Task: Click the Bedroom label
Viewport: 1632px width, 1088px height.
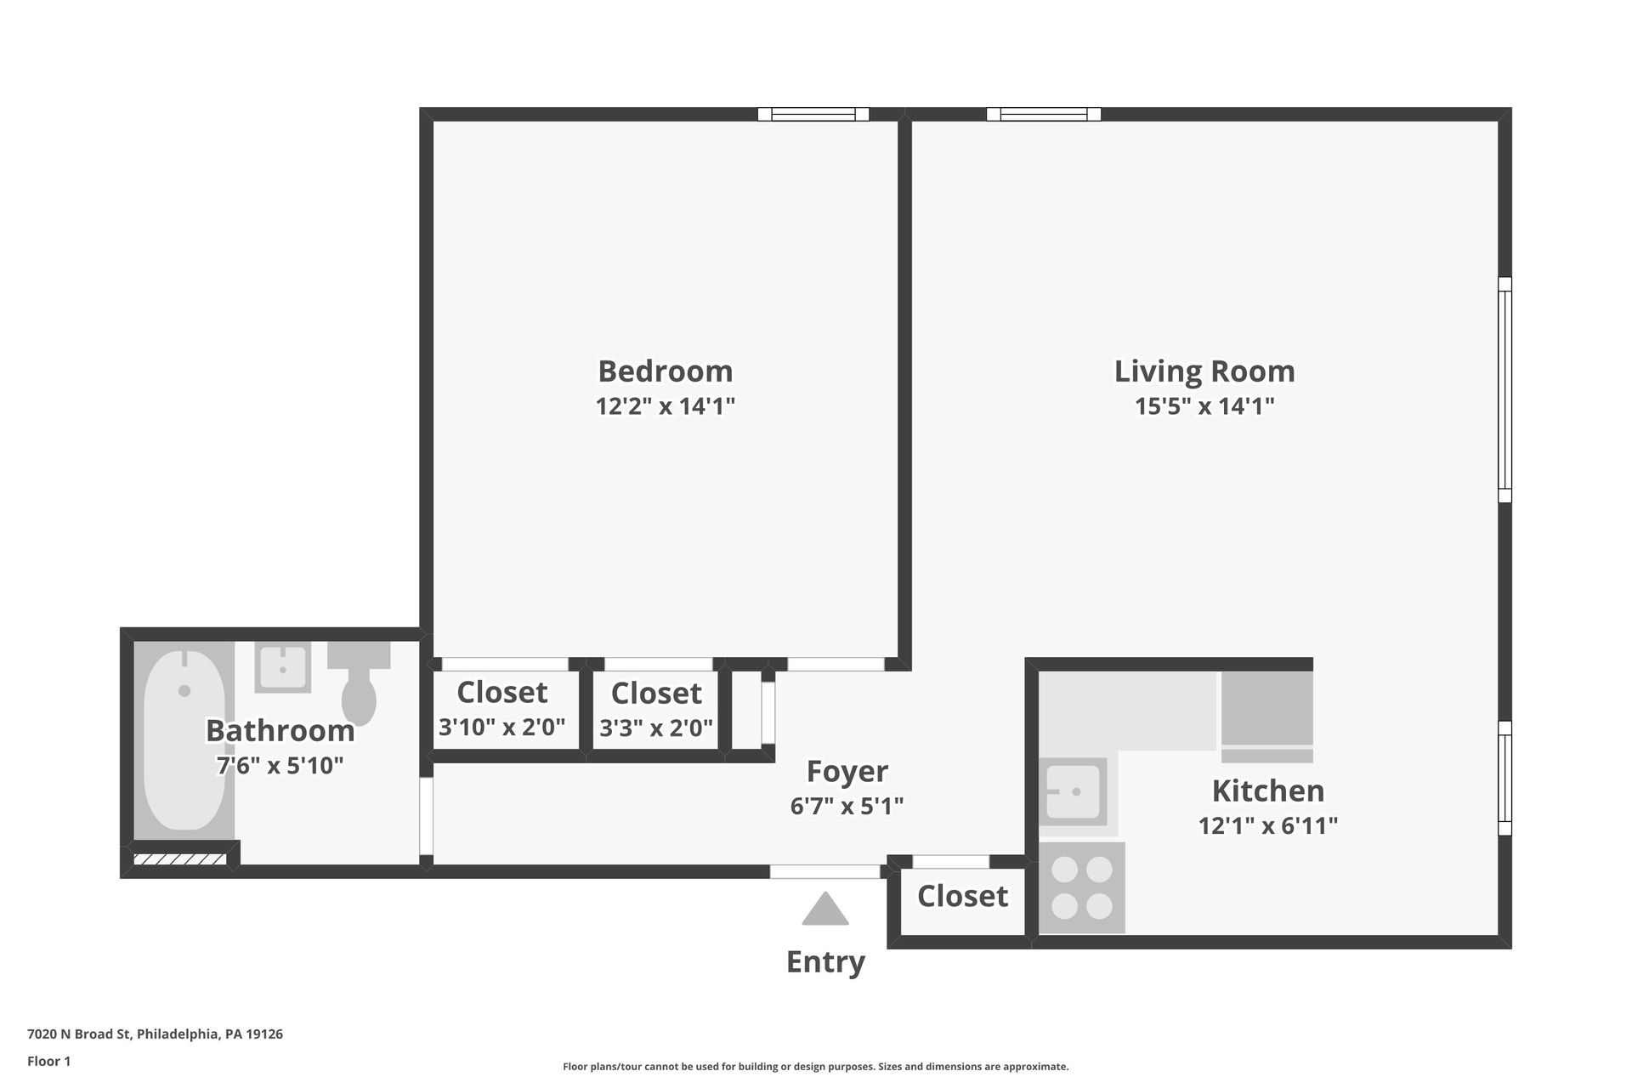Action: (x=665, y=371)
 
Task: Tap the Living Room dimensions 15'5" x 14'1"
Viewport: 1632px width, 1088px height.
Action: (x=1204, y=406)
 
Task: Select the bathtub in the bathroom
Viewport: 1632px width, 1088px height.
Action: (x=184, y=740)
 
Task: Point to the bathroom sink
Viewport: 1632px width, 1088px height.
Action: (x=282, y=667)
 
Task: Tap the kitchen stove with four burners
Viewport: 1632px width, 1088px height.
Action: (x=1081, y=887)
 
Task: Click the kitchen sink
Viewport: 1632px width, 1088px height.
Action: (x=1072, y=791)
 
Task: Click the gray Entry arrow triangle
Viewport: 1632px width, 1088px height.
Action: (x=825, y=909)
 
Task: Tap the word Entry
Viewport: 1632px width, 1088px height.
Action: (x=825, y=961)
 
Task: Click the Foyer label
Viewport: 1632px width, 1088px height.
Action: (x=847, y=771)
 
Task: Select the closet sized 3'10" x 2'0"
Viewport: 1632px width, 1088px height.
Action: (x=502, y=710)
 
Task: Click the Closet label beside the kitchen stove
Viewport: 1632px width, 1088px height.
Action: (x=962, y=896)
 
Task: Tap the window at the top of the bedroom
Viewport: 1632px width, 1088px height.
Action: (x=813, y=114)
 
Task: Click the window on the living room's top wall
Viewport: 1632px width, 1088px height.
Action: (x=1043, y=114)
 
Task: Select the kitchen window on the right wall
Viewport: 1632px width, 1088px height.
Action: (x=1504, y=778)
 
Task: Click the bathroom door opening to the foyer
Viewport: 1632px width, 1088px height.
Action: (x=427, y=816)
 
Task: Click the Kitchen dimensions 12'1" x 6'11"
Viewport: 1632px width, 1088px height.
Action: (x=1267, y=825)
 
